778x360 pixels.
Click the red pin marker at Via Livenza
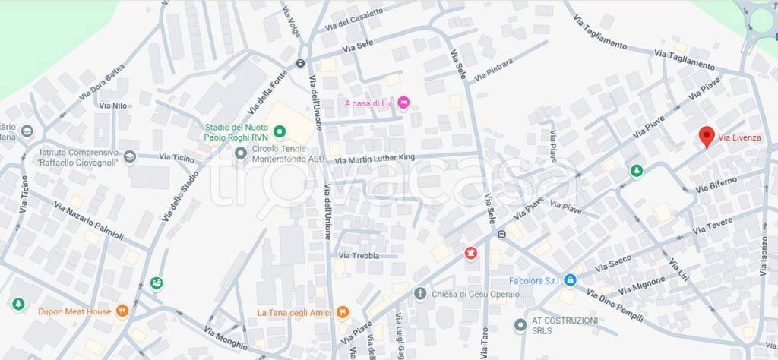point(707,137)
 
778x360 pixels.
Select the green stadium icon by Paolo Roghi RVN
point(279,132)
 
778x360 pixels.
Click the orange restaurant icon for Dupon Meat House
point(121,311)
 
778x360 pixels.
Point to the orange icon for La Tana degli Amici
point(343,311)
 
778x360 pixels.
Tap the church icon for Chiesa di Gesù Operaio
point(419,293)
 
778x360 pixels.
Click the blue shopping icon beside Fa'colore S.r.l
point(571,280)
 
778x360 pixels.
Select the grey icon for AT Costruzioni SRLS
point(520,325)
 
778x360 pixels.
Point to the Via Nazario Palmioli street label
point(88,221)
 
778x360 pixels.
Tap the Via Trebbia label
point(359,256)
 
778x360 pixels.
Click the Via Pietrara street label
point(494,69)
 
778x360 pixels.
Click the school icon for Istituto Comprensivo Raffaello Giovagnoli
point(130,156)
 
